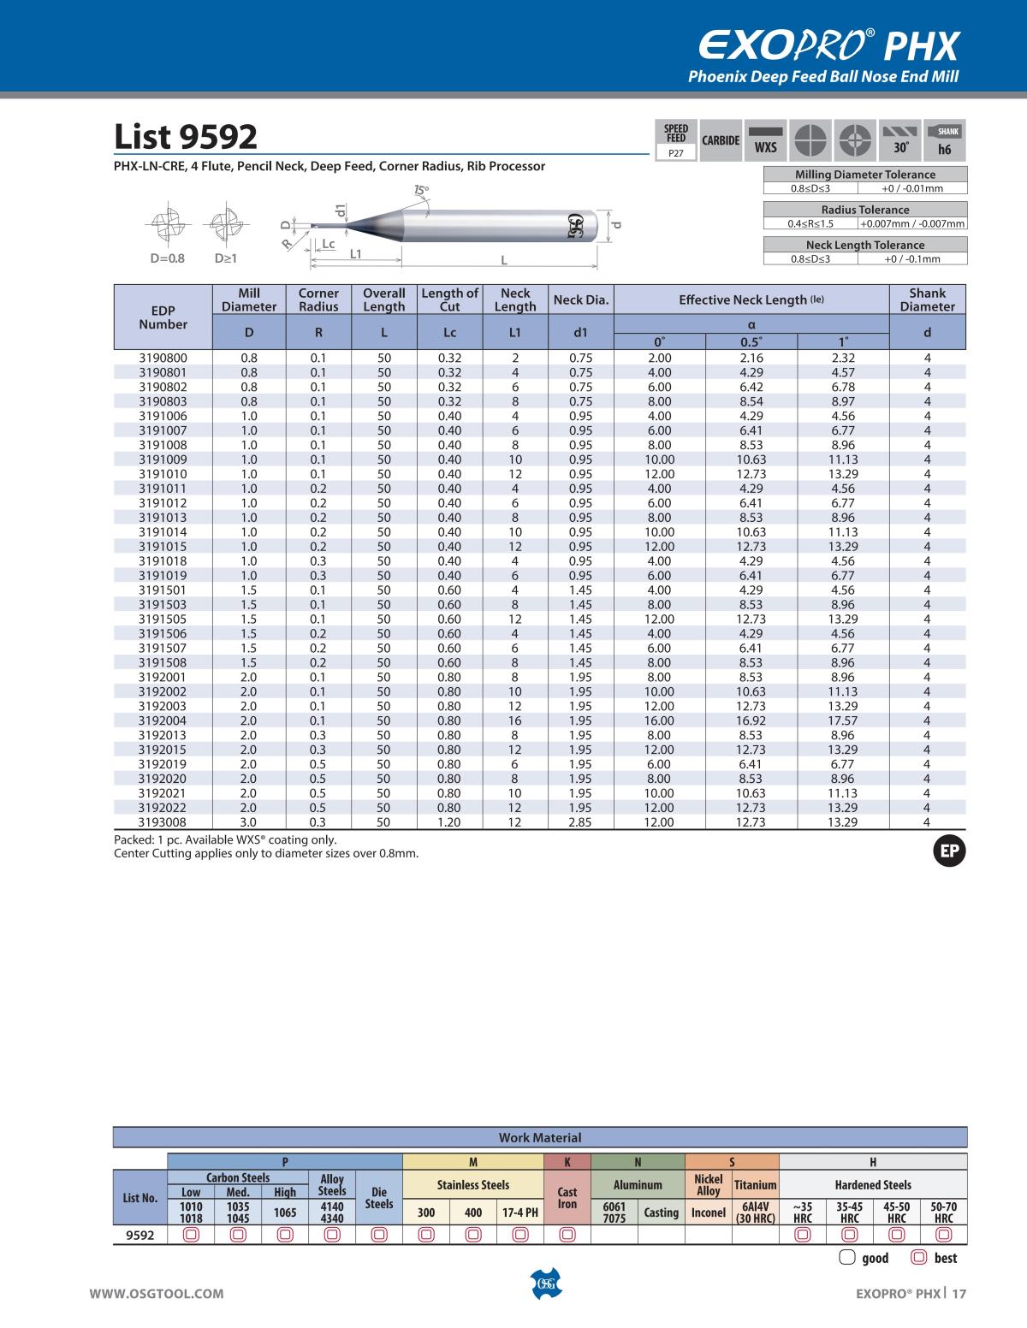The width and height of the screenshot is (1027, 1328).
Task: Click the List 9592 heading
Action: pyautogui.click(x=186, y=137)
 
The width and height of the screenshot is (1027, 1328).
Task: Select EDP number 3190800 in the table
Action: pyautogui.click(x=163, y=358)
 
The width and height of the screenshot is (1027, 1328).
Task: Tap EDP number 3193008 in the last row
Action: pyautogui.click(x=163, y=822)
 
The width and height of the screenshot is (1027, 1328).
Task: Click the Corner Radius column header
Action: pyautogui.click(x=318, y=299)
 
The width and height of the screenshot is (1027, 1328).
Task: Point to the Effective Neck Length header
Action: pyautogui.click(x=751, y=299)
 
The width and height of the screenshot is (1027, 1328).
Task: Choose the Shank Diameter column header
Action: pyautogui.click(x=927, y=299)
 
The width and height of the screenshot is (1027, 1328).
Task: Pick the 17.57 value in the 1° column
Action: pyautogui.click(x=843, y=720)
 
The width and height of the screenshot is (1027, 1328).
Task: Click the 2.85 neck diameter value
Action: pyautogui.click(x=580, y=822)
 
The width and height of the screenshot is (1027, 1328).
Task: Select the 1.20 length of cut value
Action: pyautogui.click(x=449, y=822)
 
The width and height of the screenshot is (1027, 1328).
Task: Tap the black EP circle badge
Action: pyautogui.click(x=948, y=851)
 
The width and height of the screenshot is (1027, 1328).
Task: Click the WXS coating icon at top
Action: pyautogui.click(x=765, y=139)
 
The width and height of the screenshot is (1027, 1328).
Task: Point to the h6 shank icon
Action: pyautogui.click(x=945, y=139)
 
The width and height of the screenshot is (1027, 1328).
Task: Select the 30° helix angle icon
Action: pyautogui.click(x=900, y=139)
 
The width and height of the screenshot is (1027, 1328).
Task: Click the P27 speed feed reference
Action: pyautogui.click(x=676, y=153)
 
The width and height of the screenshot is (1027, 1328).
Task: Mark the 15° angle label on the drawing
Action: pyautogui.click(x=421, y=189)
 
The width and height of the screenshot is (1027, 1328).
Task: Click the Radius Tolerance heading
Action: pyautogui.click(x=864, y=210)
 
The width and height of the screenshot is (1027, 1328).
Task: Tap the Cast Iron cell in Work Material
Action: pyautogui.click(x=567, y=1198)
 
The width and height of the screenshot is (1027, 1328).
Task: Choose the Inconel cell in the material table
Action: pyautogui.click(x=709, y=1212)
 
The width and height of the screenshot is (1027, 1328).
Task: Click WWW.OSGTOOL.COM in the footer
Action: pyautogui.click(x=157, y=1294)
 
